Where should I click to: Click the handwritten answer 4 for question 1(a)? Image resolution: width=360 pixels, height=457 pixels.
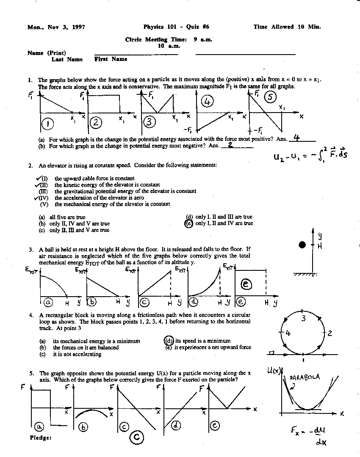296,138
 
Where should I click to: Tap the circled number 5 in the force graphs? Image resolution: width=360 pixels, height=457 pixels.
270,97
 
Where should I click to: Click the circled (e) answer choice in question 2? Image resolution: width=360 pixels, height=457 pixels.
189,223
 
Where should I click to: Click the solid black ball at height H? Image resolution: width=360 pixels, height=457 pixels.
302,245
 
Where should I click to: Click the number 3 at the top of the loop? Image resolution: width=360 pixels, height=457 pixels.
303,318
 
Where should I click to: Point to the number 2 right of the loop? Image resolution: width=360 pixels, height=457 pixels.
330,333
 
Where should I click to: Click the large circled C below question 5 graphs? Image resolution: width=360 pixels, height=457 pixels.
136,438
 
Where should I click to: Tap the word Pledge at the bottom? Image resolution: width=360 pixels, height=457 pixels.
41,438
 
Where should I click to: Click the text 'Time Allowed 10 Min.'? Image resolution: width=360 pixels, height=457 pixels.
287,27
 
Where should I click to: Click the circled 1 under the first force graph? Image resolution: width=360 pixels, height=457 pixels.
48,124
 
